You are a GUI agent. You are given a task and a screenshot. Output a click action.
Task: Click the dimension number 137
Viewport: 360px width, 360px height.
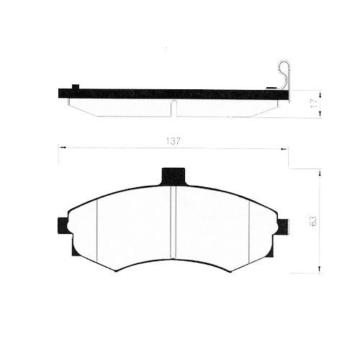173,141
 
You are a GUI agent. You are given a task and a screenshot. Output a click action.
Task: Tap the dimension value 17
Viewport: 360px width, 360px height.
314,103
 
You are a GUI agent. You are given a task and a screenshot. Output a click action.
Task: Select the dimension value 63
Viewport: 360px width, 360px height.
314,220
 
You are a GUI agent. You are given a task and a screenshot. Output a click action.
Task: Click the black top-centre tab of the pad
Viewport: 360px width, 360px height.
174,176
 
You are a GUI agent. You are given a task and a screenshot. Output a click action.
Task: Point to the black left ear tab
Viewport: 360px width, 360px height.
63,225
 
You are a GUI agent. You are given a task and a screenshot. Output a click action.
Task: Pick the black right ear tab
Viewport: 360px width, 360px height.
283,227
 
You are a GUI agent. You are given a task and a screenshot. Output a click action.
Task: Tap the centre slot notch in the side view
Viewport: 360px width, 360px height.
174,108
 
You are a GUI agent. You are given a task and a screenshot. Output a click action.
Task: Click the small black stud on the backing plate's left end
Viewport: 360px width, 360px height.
76,87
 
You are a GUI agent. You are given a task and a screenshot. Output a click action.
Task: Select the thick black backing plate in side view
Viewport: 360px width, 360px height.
174,94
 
